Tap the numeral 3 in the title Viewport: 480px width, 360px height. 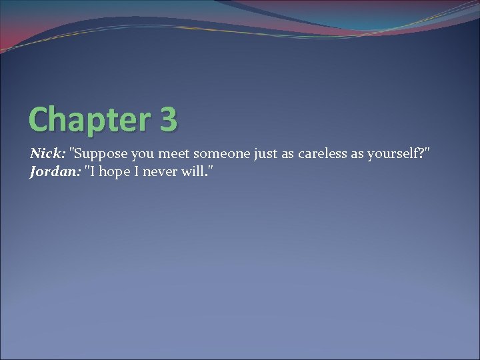169,119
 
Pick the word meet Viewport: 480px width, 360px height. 173,154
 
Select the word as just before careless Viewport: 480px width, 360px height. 288,154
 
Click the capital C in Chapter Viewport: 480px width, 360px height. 39,119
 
